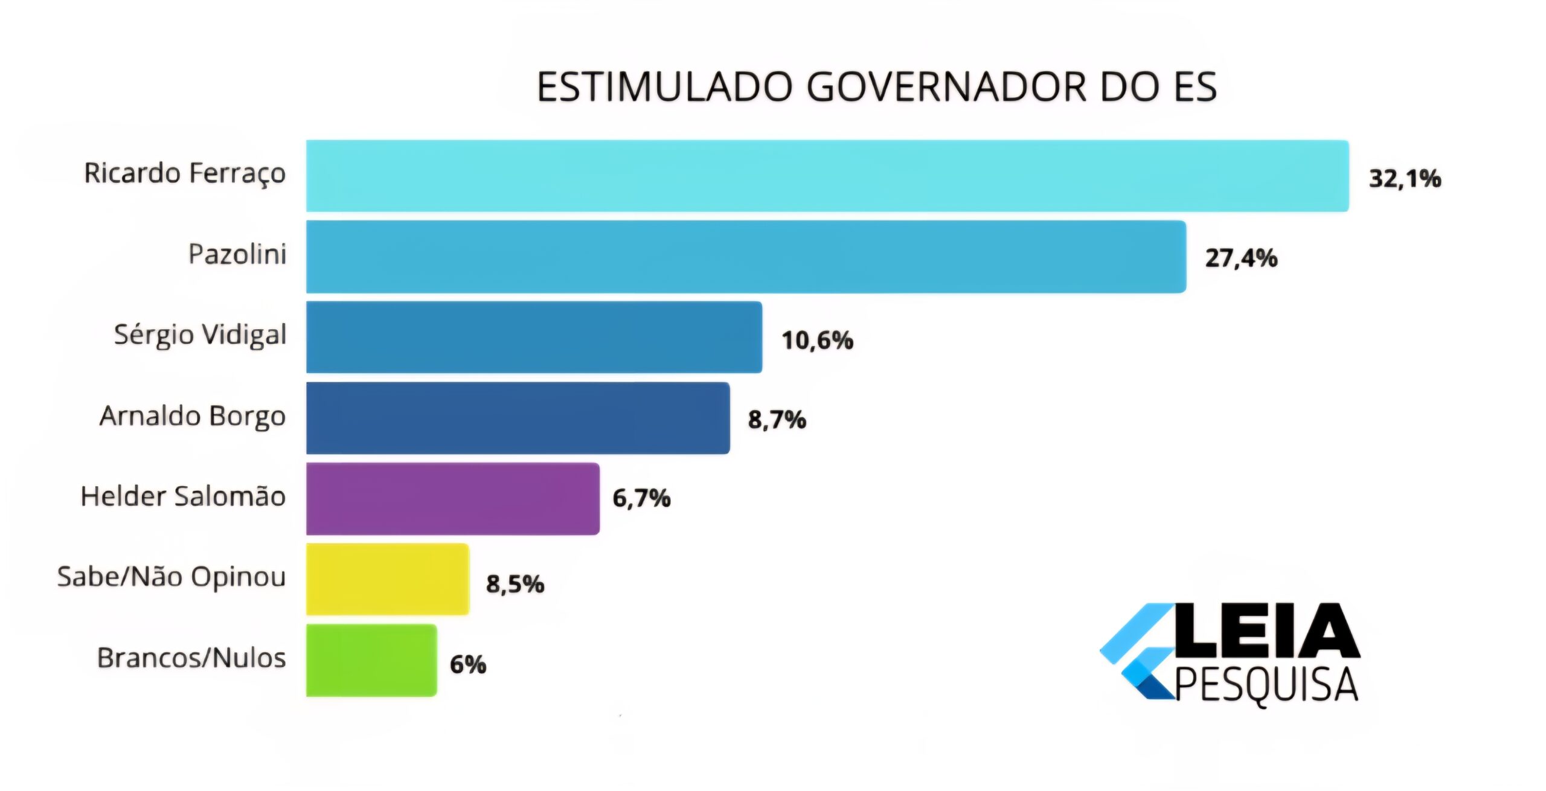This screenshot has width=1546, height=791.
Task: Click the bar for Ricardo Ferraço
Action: [827, 176]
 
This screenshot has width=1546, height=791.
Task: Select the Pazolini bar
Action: [746, 257]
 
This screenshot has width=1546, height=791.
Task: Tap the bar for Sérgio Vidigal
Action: [534, 337]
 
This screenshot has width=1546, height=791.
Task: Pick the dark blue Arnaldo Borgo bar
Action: [518, 418]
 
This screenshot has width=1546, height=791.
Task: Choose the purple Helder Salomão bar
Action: [453, 499]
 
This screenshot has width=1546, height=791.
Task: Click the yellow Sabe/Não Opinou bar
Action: [388, 579]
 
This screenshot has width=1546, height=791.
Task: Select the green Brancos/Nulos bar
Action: [371, 660]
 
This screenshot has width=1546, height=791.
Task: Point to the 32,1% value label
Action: [1405, 179]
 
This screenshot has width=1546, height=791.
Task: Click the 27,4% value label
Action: [1241, 258]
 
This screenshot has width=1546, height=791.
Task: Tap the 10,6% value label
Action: [818, 341]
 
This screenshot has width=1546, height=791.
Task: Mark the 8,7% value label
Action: [777, 420]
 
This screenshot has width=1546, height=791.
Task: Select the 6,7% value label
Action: [641, 499]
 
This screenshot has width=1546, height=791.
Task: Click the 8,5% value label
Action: [515, 584]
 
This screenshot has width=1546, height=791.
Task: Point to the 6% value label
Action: [468, 665]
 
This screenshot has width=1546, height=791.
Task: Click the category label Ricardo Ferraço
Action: [185, 174]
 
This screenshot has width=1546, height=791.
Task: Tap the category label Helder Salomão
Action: [183, 496]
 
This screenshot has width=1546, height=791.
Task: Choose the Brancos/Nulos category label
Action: [191, 658]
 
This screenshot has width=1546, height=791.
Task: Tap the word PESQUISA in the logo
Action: [1266, 686]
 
